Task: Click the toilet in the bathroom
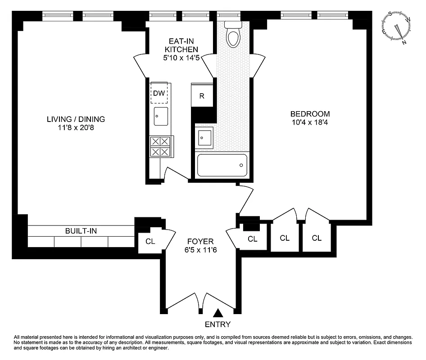pyautogui.click(x=233, y=35)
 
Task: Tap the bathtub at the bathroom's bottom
pyautogui.click(x=222, y=165)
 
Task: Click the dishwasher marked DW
pyautogui.click(x=158, y=94)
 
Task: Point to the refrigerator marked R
pyautogui.click(x=202, y=95)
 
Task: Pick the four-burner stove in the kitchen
pyautogui.click(x=161, y=147)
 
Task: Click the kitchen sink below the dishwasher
pyautogui.click(x=161, y=117)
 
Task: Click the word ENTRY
pyautogui.click(x=218, y=324)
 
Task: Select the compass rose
pyautogui.click(x=397, y=27)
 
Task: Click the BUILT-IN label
pyautogui.click(x=81, y=231)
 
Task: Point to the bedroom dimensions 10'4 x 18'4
pyautogui.click(x=310, y=122)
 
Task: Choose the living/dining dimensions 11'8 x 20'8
pyautogui.click(x=76, y=128)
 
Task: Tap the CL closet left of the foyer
pyautogui.click(x=150, y=242)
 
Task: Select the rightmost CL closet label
pyautogui.click(x=317, y=238)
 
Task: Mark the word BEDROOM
pyautogui.click(x=310, y=114)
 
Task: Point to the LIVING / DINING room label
pyautogui.click(x=76, y=119)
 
